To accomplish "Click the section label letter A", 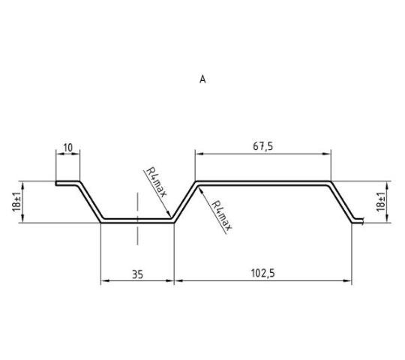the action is click(x=202, y=79).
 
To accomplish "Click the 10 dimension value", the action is click(x=68, y=148).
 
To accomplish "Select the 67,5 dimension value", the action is click(x=263, y=146).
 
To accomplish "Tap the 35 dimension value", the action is click(x=137, y=274).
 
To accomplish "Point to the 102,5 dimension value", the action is click(x=263, y=273).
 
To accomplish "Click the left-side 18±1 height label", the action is click(x=16, y=202).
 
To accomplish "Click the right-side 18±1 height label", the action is click(x=381, y=202).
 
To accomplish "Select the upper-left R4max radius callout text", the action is click(x=156, y=182).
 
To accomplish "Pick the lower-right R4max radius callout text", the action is click(x=221, y=216).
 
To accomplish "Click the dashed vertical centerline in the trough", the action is click(x=137, y=218).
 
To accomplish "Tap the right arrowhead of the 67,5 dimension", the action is click(x=327, y=154).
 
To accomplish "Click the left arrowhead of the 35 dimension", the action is click(x=104, y=280).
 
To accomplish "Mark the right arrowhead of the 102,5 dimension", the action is click(x=348, y=280).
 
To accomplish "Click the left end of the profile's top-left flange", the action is click(x=55, y=183).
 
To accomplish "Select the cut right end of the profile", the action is click(x=363, y=220).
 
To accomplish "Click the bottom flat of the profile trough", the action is click(x=137, y=220).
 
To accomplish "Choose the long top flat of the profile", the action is click(x=263, y=183).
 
